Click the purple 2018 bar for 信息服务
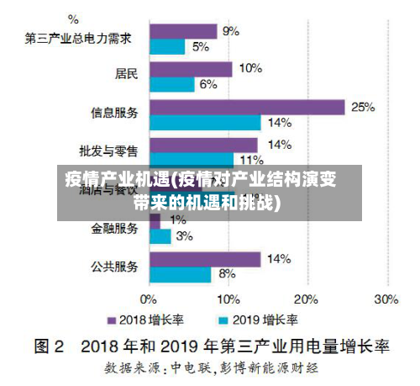tap(247, 107)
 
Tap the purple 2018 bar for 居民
tap(190, 69)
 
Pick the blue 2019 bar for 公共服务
tap(180, 274)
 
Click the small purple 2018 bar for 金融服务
tap(155, 221)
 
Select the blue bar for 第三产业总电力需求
tap(167, 47)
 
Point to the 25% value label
tap(363, 107)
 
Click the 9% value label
tap(231, 31)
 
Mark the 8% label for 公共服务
tap(227, 274)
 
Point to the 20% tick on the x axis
tap(307, 299)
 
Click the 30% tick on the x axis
tap(386, 299)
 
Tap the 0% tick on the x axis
tap(149, 299)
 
